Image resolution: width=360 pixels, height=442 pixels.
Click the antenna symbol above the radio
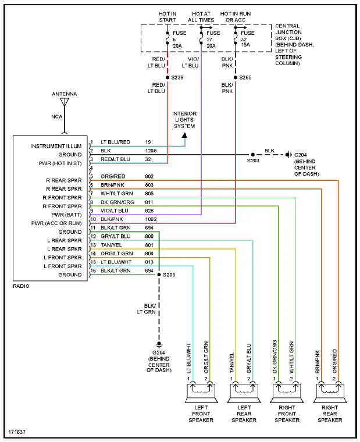(65, 102)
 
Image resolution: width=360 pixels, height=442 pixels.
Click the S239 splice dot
(167, 77)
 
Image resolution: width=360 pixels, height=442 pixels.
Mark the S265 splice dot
(236, 77)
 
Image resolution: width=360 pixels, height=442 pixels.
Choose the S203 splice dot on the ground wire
(252, 155)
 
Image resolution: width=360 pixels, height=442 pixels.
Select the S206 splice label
(169, 275)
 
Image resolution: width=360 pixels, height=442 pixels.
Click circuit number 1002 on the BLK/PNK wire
(151, 219)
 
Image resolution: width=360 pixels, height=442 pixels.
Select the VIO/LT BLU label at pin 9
(115, 211)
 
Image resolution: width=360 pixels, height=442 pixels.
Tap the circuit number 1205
(151, 151)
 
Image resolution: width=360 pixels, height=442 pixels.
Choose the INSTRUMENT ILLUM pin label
(56, 146)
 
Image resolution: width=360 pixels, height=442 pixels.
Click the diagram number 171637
(17, 433)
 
